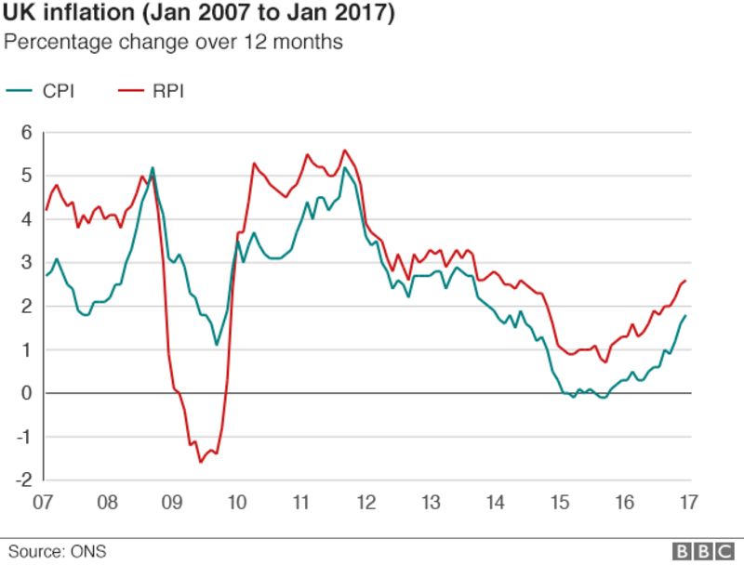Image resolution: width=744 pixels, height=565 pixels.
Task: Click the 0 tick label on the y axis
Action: click(x=27, y=393)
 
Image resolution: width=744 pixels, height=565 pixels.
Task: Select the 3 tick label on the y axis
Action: click(x=27, y=263)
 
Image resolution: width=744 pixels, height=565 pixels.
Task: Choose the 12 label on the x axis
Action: click(x=365, y=503)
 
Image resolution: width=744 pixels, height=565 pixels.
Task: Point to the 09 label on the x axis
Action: click(x=172, y=503)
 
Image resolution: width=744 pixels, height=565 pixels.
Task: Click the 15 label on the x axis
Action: click(x=560, y=503)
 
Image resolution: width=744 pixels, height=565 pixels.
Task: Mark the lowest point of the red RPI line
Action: click(x=200, y=462)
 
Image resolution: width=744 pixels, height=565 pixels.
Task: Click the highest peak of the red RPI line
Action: click(x=345, y=150)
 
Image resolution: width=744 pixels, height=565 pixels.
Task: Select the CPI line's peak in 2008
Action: click(x=153, y=168)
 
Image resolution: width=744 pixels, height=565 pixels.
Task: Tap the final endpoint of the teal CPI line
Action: click(x=686, y=316)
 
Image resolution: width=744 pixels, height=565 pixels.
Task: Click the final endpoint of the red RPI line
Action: click(x=686, y=281)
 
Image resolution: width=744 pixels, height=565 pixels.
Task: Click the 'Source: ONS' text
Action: click(x=58, y=552)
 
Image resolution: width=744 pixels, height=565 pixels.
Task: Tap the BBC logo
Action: click(x=703, y=552)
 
